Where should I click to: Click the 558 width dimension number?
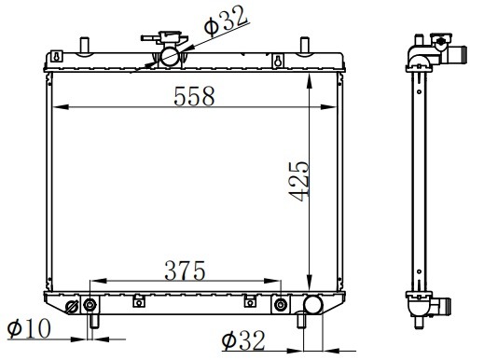point(194,96)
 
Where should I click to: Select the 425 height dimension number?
point(298,181)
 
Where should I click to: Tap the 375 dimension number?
point(185,270)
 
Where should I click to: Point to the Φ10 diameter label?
point(29,328)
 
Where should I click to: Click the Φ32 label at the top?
point(226,20)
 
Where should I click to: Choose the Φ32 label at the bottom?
point(243,340)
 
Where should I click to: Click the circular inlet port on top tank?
point(170,56)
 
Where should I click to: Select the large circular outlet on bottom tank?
point(312,304)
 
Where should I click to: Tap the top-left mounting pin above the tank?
point(84,46)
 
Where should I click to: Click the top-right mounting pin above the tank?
point(305,46)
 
